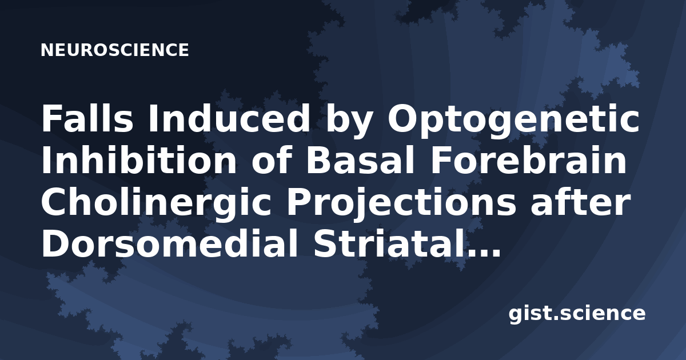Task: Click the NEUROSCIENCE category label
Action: point(115,50)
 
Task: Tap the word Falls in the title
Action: point(87,118)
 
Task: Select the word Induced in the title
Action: point(229,118)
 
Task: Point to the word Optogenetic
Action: point(513,122)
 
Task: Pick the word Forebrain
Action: point(529,160)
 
